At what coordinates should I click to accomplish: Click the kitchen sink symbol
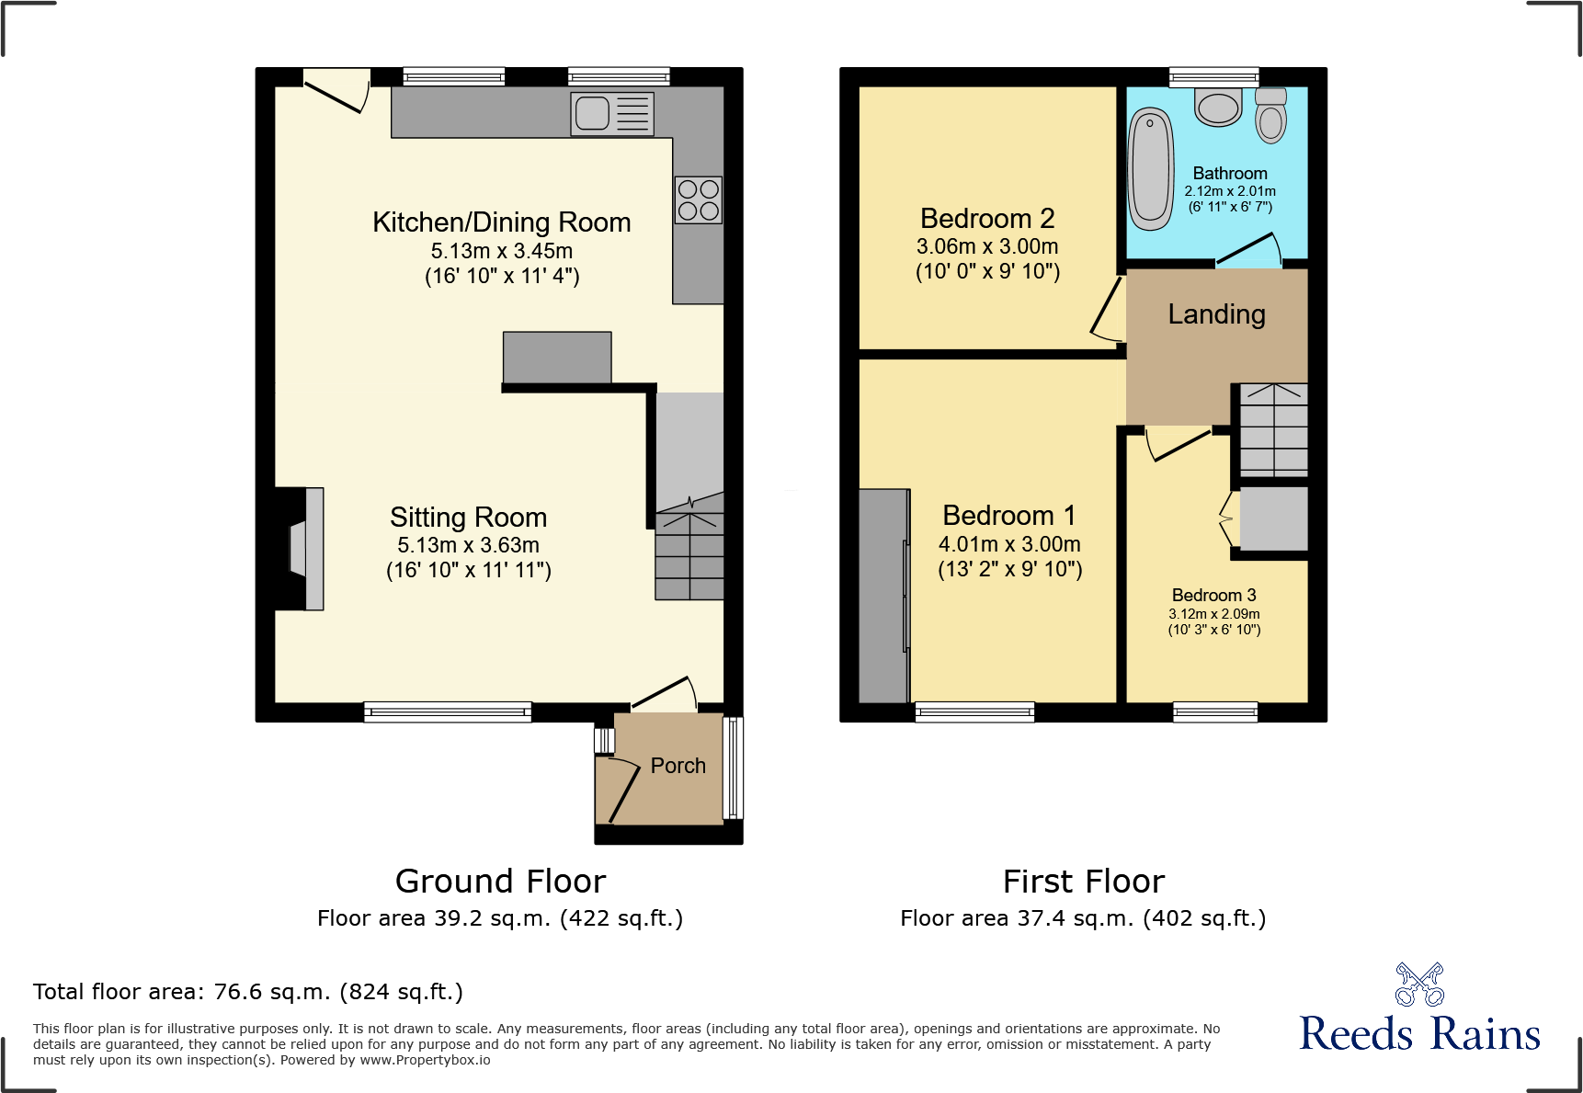point(611,114)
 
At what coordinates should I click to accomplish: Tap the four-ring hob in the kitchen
point(698,199)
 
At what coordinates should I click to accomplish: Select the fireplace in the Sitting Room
point(300,549)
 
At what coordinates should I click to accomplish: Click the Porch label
point(678,766)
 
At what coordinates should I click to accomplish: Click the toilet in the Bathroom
point(1271,117)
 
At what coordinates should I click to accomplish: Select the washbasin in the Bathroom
point(1219,107)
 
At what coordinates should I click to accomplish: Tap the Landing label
point(1216,314)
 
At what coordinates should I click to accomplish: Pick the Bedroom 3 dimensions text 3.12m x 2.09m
point(1213,614)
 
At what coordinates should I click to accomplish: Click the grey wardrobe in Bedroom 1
point(883,596)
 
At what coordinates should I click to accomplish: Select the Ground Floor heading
point(500,882)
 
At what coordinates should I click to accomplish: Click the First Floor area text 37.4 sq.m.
point(1083,918)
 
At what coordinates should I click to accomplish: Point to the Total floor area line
point(248,992)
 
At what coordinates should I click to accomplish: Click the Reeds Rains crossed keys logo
point(1419,985)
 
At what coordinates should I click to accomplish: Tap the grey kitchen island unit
point(557,357)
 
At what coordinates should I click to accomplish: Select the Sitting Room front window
point(448,712)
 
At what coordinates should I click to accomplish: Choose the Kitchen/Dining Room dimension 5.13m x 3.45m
point(501,251)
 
